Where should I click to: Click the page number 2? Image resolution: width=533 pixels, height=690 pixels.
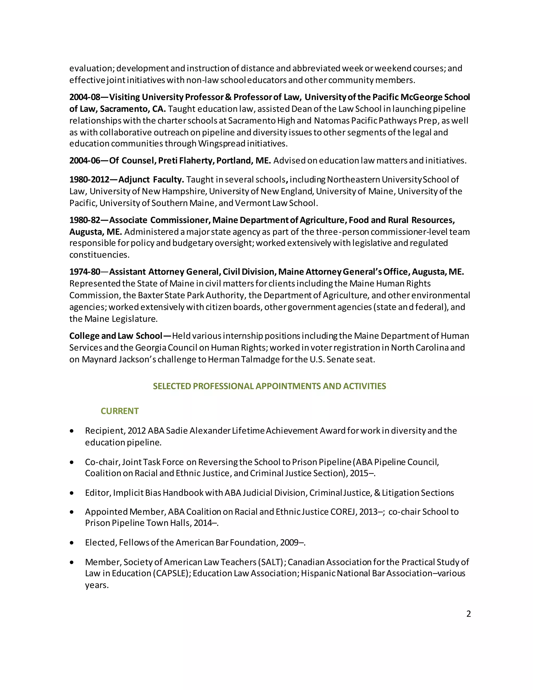click(468, 613)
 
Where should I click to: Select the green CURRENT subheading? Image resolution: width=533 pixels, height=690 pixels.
click(119, 411)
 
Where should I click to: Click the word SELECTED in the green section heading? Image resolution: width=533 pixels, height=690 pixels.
click(172, 386)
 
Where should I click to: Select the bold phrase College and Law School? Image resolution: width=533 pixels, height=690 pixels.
click(116, 336)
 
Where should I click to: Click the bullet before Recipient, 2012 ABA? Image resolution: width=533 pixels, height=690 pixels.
click(72, 431)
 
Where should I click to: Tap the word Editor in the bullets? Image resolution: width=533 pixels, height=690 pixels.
click(97, 493)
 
